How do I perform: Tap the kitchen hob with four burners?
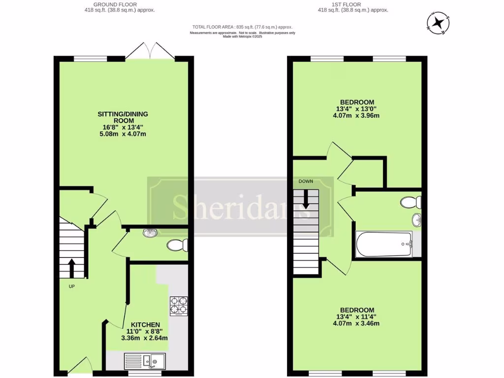coord(179,306)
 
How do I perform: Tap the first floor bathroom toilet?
coord(410,202)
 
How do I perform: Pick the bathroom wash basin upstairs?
coord(416,220)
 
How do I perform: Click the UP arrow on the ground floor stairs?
coord(71,268)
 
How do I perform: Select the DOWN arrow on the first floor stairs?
coord(306,199)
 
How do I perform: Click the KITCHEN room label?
coord(145,325)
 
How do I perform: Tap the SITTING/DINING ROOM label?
coord(123,117)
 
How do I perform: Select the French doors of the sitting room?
coord(151,51)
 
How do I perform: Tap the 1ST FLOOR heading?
coord(353,4)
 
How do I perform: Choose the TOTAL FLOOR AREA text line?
coord(242,27)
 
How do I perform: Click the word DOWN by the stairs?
coord(306,181)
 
